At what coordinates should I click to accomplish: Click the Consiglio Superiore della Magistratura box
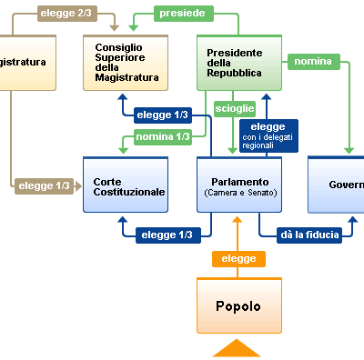(126, 63)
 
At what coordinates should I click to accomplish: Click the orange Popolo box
(238, 305)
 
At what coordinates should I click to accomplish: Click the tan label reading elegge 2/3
(65, 14)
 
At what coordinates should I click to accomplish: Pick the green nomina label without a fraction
(312, 62)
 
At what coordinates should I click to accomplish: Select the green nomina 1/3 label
(162, 136)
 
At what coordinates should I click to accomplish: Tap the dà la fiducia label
(309, 235)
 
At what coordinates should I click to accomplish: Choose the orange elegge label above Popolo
(238, 259)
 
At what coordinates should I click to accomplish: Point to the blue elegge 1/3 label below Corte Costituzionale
(167, 235)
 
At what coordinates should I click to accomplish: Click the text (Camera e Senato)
(239, 193)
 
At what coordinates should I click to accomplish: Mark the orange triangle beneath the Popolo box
(238, 348)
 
